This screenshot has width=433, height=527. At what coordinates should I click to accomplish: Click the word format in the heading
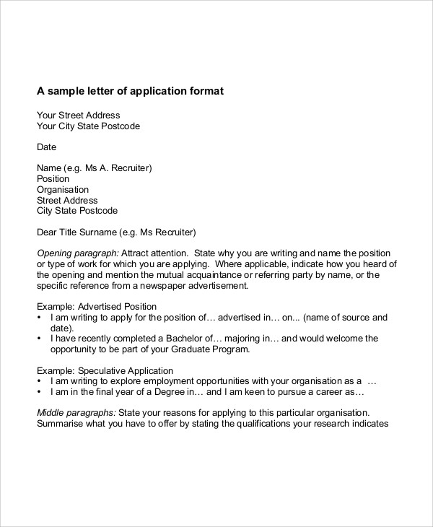(x=206, y=92)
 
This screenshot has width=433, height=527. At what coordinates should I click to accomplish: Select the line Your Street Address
(x=78, y=115)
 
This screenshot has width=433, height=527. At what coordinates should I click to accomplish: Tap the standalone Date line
(x=46, y=147)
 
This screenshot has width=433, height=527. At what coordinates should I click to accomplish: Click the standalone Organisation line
(x=63, y=190)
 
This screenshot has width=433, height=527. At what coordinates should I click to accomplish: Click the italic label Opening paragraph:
(x=77, y=254)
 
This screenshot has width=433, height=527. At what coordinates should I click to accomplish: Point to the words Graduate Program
(x=212, y=349)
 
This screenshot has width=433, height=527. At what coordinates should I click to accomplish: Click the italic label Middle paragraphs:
(x=76, y=413)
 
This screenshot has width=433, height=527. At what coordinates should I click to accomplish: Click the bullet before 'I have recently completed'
(x=38, y=339)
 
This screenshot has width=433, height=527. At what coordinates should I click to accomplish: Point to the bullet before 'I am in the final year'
(x=38, y=392)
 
